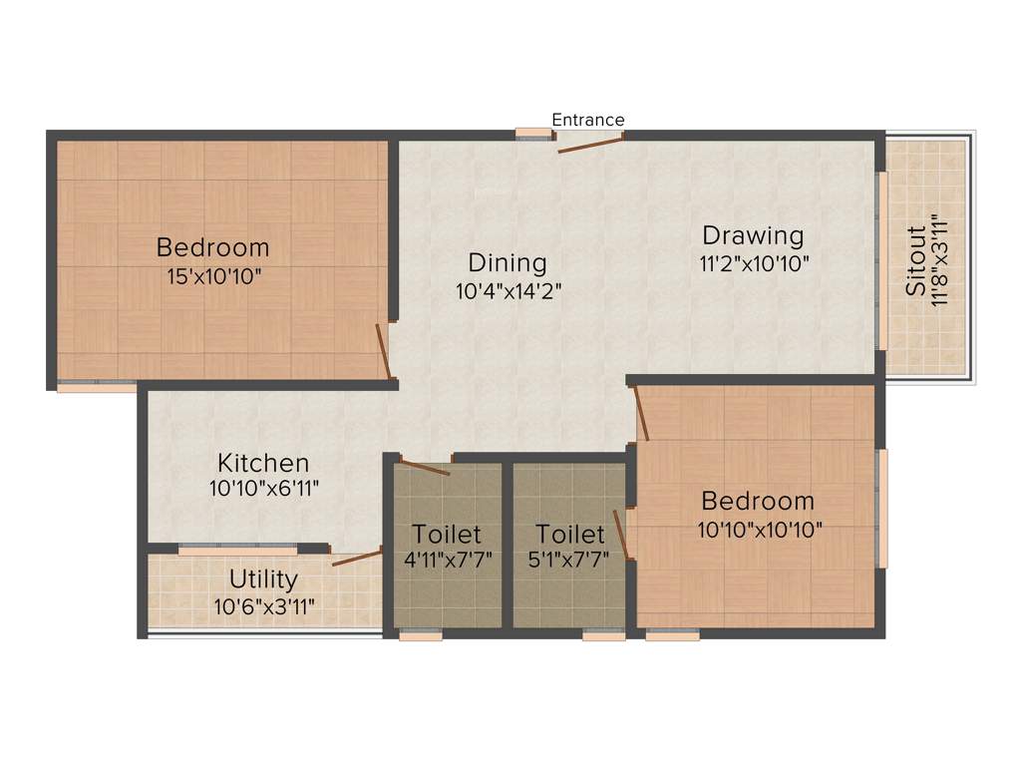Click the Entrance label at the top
click(x=588, y=120)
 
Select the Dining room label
click(x=508, y=263)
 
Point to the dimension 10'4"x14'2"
click(x=508, y=291)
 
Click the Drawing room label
click(x=753, y=236)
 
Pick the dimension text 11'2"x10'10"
click(x=754, y=264)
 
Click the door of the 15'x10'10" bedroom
click(x=382, y=351)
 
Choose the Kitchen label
click(x=263, y=463)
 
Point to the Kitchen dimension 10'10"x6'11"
click(x=263, y=488)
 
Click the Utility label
click(x=263, y=579)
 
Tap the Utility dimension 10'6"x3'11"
click(x=263, y=605)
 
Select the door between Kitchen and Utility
click(x=356, y=558)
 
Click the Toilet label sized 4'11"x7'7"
click(x=447, y=535)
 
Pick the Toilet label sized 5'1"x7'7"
click(x=569, y=535)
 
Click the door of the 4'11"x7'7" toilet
click(x=425, y=467)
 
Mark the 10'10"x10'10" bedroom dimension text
click(x=760, y=530)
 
